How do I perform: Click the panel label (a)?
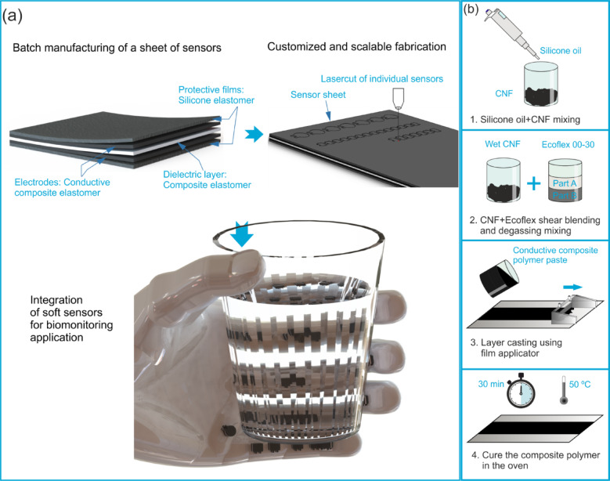12,16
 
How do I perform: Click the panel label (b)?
471,9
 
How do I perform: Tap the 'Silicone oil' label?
560,51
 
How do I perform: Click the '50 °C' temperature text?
579,385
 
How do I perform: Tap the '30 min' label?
491,384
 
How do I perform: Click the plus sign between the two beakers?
534,183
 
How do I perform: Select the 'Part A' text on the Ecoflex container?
565,183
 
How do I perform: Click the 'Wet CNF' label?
502,144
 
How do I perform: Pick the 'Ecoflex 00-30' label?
568,144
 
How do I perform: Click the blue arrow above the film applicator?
572,288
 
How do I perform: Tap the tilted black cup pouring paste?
500,280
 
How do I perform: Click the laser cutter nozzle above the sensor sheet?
398,98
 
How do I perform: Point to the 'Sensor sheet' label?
318,95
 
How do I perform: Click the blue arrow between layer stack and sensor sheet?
254,134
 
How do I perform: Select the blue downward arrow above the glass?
242,233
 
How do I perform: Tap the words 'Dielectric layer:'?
194,175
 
